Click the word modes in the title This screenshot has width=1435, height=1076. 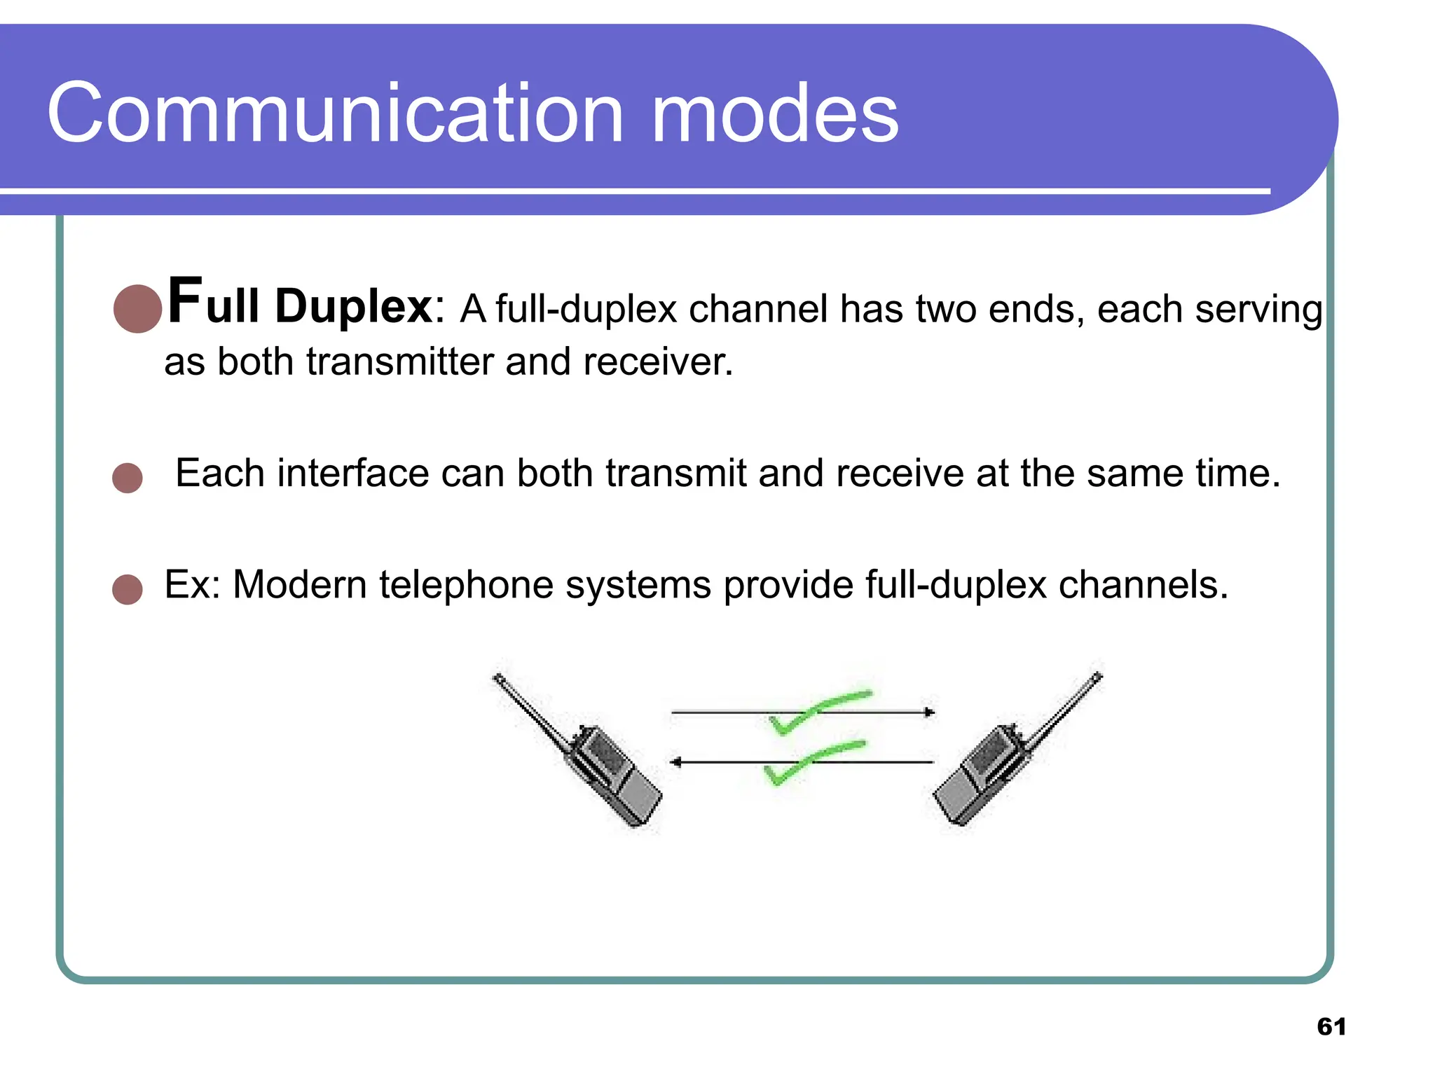coord(774,113)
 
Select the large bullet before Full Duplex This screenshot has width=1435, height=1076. coord(138,308)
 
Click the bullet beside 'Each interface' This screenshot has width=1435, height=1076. coord(128,478)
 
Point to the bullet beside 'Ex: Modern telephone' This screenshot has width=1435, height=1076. coord(128,589)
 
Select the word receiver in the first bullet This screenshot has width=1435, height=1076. coord(657,362)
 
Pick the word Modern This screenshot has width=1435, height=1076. coord(299,584)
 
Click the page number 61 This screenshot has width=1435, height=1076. coord(1331,1027)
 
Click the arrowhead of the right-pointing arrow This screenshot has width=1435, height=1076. coord(929,712)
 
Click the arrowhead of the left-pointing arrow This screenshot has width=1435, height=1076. coord(676,762)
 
